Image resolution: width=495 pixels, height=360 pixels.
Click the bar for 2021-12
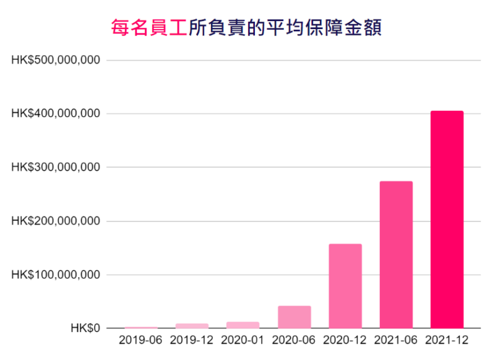(x=447, y=220)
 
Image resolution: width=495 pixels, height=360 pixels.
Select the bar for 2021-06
(x=396, y=254)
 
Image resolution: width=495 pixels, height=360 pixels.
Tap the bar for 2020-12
(x=345, y=286)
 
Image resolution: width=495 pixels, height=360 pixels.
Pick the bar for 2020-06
(x=294, y=317)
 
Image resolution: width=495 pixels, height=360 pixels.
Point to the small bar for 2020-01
(x=243, y=325)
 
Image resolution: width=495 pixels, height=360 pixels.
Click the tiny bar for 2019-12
(x=192, y=325)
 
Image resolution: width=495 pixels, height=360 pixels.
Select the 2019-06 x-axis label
(x=141, y=340)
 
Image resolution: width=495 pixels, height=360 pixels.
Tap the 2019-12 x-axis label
(x=192, y=340)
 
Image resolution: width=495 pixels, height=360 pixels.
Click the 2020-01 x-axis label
(x=243, y=340)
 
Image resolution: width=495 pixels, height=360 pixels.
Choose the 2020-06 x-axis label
(x=294, y=340)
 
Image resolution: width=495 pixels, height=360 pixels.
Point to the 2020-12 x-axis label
(x=345, y=340)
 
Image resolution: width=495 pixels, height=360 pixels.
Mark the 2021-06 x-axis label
(x=396, y=340)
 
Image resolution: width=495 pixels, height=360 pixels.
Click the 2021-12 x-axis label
(x=447, y=340)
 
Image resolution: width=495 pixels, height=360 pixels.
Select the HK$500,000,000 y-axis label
(x=56, y=61)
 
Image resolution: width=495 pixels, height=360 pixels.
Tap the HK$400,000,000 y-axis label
(x=56, y=114)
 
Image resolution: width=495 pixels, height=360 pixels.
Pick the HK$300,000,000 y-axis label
(x=56, y=168)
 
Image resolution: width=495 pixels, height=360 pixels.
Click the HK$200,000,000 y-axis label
(x=56, y=221)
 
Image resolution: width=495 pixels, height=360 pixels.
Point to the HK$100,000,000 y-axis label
(x=56, y=275)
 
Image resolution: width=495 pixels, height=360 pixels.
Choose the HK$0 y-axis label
(x=84, y=328)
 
